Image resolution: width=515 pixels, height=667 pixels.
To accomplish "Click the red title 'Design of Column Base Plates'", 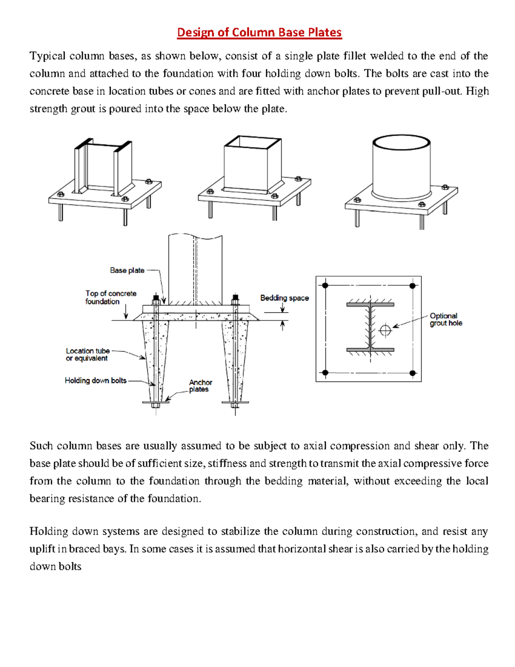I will click(x=259, y=33).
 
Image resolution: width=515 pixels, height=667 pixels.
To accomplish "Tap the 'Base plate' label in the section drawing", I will click(x=127, y=270).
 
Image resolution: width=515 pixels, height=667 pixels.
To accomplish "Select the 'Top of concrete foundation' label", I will click(x=110, y=297).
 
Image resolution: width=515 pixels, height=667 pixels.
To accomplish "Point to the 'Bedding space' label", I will click(x=284, y=298).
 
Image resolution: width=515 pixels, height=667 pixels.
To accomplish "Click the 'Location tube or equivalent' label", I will click(x=88, y=354).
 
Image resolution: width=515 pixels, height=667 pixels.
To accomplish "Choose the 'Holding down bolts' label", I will click(x=96, y=380).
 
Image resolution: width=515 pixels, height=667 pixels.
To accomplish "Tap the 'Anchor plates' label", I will click(x=200, y=386).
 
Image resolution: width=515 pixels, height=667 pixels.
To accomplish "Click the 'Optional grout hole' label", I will click(x=445, y=319).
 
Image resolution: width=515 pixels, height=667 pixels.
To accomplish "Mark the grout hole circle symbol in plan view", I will click(x=385, y=330).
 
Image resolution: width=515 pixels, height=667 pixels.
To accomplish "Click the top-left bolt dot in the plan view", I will click(x=325, y=286).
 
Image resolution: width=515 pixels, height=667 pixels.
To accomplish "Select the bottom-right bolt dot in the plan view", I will click(x=412, y=373).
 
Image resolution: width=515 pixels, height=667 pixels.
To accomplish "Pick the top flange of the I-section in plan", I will click(x=370, y=305).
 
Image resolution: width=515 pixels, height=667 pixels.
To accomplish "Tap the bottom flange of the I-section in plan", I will click(x=370, y=350).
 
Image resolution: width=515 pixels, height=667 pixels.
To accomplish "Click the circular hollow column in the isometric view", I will click(x=401, y=168).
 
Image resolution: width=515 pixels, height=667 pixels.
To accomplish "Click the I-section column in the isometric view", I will click(x=103, y=168).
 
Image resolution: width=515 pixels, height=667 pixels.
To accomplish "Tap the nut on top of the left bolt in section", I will click(x=156, y=298).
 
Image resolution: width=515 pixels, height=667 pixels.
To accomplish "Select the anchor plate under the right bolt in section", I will click(x=235, y=402).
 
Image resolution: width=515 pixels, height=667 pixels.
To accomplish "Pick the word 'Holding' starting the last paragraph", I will click(x=48, y=531).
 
